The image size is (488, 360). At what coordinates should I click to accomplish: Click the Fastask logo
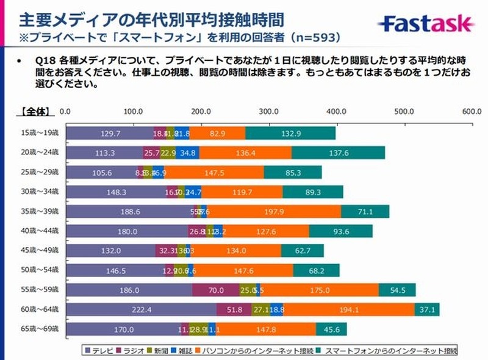426,24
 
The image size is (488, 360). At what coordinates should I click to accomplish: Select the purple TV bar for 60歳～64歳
141,310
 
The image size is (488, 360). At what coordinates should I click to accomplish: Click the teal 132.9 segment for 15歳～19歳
290,133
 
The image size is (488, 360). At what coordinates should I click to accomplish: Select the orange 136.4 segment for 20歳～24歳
245,153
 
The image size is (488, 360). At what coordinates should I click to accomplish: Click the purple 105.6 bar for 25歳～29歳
101,173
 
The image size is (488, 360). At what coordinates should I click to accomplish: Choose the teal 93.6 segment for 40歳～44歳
341,231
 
